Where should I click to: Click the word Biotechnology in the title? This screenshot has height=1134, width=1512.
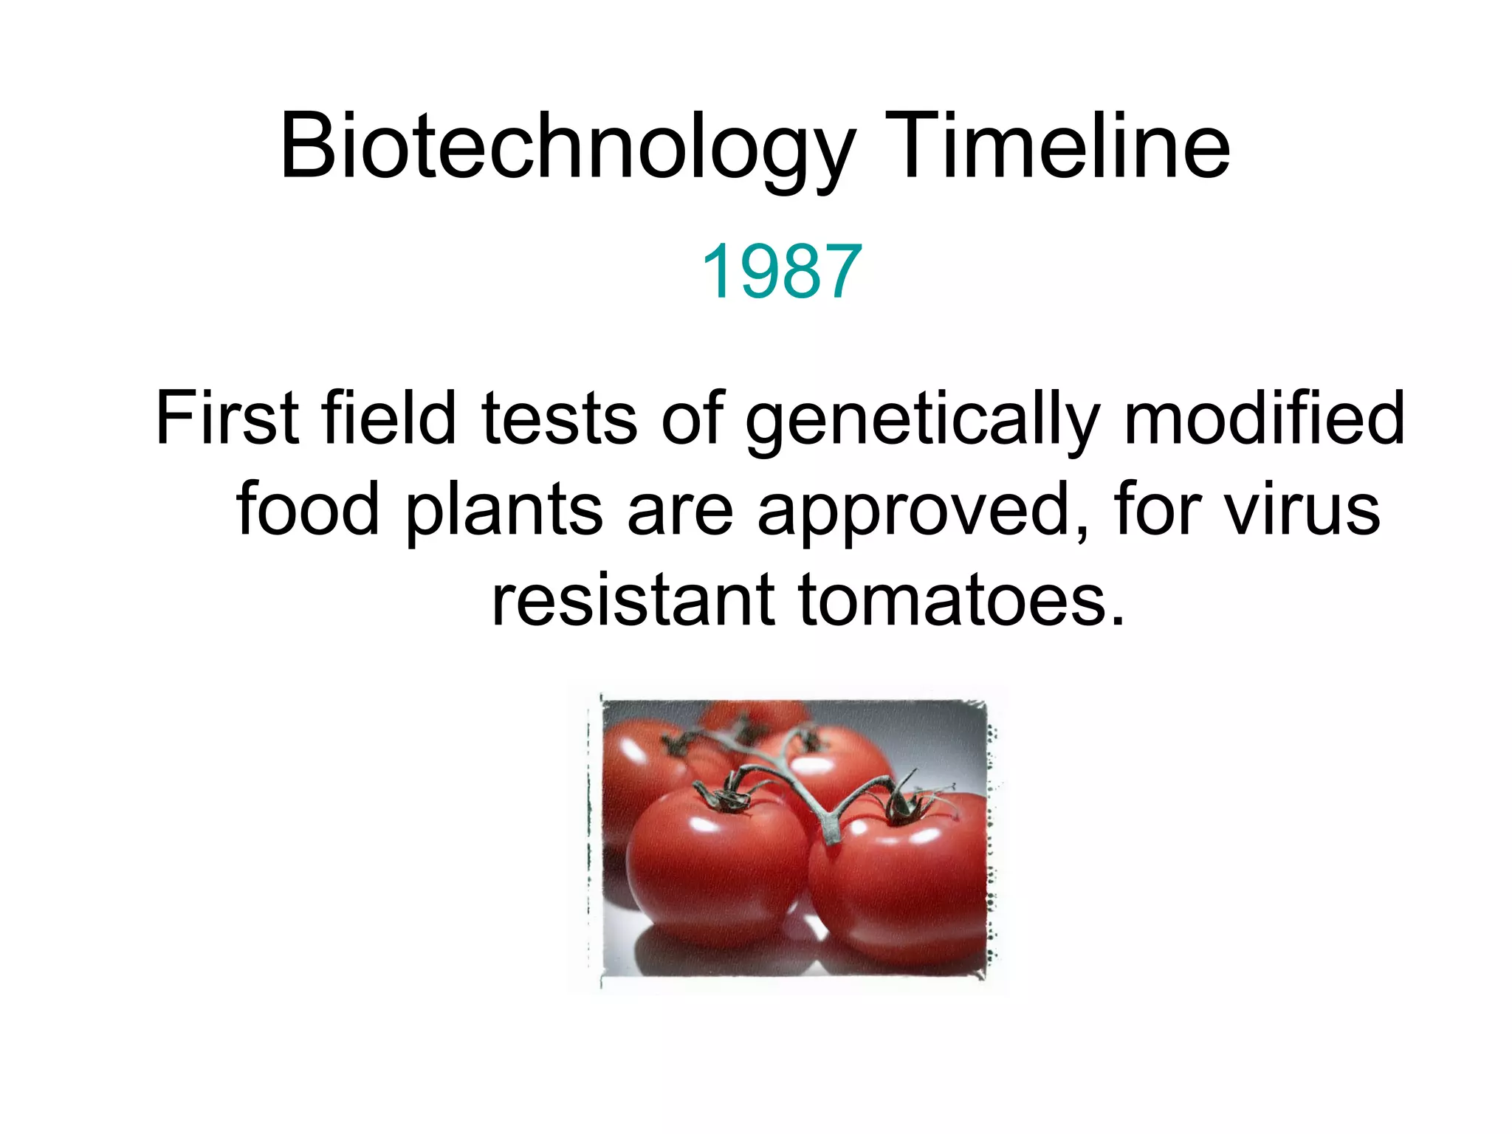click(567, 148)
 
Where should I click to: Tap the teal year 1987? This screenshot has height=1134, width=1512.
click(781, 272)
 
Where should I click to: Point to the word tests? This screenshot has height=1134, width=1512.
click(559, 419)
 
